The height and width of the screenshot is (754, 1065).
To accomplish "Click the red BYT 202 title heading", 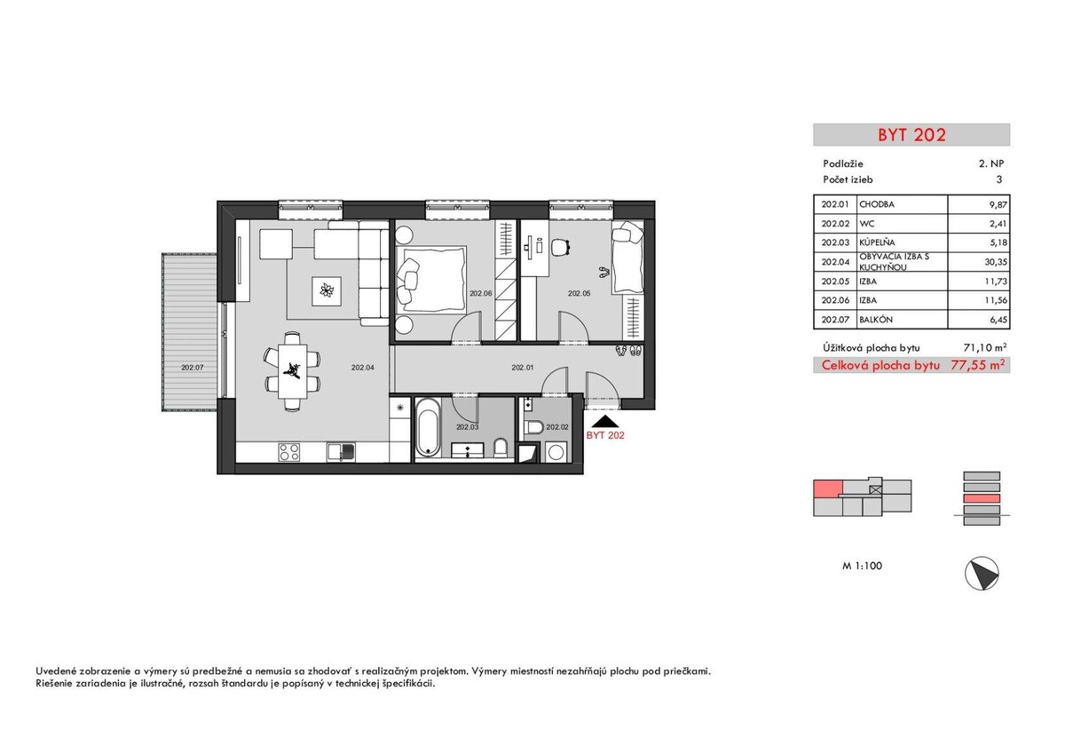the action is pos(911,135).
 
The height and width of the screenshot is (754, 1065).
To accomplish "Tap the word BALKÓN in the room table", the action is pos(876,320).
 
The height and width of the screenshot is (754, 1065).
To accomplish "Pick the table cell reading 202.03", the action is pos(835,242).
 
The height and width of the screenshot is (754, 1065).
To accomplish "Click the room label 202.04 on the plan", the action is pos(363,368).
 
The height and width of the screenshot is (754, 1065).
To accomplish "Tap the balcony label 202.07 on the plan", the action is pos(192,368).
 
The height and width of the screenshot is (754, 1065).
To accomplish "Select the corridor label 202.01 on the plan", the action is pos(522,368).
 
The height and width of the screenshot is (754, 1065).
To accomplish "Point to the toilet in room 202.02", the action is pos(535,427).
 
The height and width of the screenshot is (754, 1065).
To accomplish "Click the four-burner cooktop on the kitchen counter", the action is pos(289,452).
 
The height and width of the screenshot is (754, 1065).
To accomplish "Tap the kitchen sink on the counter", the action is pos(341,452).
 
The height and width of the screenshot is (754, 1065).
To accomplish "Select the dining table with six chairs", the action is pos(292,371).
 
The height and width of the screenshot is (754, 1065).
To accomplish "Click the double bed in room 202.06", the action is pos(430,279).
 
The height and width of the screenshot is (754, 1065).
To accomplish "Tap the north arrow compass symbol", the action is pos(982,574).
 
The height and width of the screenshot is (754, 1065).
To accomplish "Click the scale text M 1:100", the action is pos(862,566).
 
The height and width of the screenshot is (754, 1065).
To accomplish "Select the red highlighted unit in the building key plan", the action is pos(828,488).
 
